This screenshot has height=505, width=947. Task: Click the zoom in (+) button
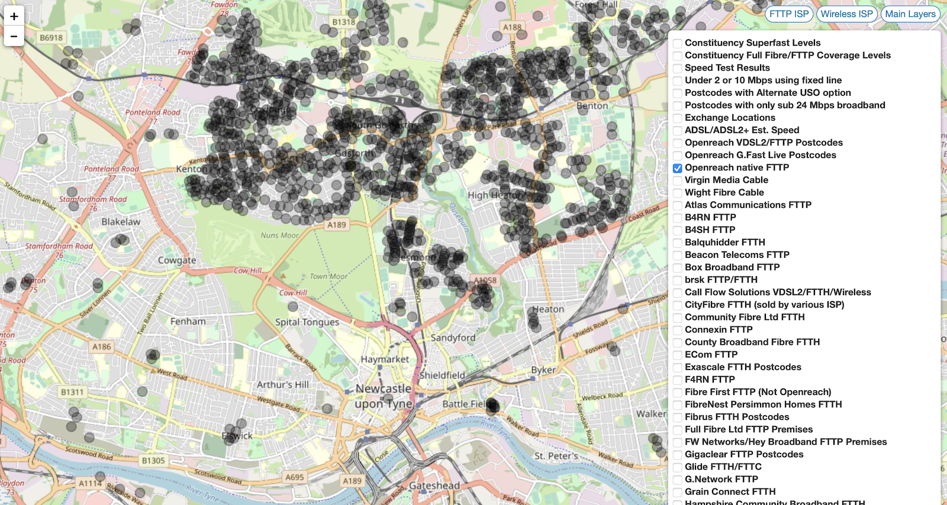coord(14,16)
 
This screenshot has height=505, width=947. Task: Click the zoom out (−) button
coord(14,36)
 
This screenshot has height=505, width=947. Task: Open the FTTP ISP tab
coord(789,14)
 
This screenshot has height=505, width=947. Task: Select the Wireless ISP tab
coord(846,14)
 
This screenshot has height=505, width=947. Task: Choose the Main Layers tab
coord(910,14)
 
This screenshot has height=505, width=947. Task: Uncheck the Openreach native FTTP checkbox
coord(678,168)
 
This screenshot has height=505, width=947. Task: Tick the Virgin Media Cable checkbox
coord(678,180)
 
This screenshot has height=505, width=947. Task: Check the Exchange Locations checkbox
coord(678,118)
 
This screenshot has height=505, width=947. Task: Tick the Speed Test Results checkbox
coord(678,69)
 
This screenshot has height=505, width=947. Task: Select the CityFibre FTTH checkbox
coord(678,305)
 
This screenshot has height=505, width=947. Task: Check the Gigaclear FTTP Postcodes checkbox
coord(678,455)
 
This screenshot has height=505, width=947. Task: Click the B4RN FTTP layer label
coord(710,217)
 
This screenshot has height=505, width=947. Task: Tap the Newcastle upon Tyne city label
coord(384,396)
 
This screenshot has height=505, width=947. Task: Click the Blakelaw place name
coord(121,222)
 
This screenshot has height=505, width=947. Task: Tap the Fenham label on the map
coord(188,321)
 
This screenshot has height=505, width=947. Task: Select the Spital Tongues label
coord(307,322)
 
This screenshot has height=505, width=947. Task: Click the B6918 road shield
coord(51,38)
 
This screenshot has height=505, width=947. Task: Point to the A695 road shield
coord(294,477)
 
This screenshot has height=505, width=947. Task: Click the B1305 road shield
coord(153,461)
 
